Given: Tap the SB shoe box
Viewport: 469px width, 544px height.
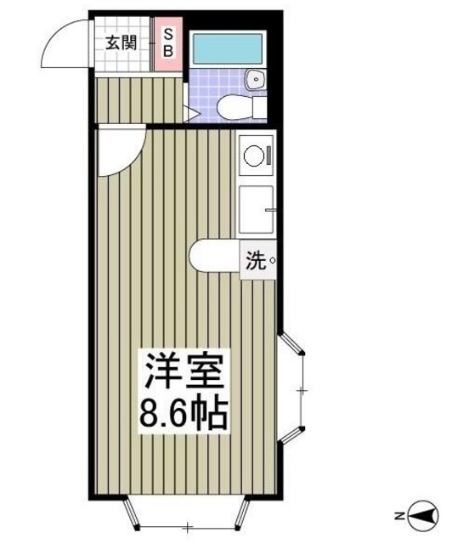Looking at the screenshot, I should click(167, 42).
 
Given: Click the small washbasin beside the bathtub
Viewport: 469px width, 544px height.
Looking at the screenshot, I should click(254, 81).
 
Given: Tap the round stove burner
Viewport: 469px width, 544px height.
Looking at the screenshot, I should click(253, 156).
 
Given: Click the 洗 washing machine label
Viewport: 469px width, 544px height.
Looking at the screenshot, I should click(257, 261).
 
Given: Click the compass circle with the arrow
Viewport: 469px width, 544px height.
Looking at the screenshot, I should click(424, 515).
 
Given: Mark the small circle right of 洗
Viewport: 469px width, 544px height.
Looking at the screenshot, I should click(272, 262).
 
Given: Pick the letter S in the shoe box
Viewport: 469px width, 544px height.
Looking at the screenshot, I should click(167, 35).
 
